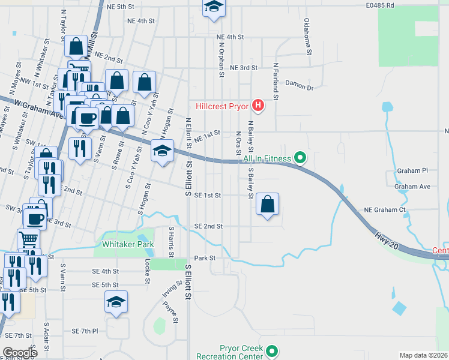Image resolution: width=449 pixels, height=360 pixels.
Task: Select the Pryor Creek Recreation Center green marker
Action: [273, 350]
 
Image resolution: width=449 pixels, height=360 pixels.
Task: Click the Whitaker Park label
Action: [128, 244]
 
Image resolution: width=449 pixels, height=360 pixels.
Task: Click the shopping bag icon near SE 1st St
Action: [267, 205]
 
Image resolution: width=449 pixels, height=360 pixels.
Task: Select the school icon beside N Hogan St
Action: [162, 151]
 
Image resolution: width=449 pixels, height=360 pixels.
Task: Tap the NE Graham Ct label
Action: [385, 210]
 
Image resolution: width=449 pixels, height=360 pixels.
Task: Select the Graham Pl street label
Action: [412, 171]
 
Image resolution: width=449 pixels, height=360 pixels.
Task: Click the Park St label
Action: [204, 258]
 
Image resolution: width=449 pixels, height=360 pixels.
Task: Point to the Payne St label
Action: [171, 311]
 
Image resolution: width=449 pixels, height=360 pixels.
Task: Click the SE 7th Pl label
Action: [85, 331]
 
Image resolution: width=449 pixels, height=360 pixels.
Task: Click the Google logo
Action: [20, 353]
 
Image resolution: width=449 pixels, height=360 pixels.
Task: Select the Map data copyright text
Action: [423, 355]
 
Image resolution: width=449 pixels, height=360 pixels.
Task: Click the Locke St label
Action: [148, 271]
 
